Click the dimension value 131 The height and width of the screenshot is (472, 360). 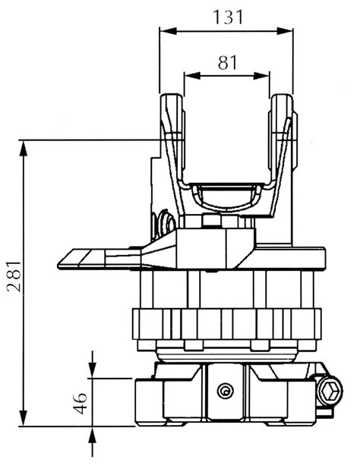pyautogui.click(x=226, y=16)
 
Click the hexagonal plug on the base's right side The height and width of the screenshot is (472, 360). pyautogui.click(x=330, y=392)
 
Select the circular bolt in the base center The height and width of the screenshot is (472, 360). pyautogui.click(x=224, y=390)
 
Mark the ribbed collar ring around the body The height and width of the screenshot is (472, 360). pyautogui.click(x=226, y=324)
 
